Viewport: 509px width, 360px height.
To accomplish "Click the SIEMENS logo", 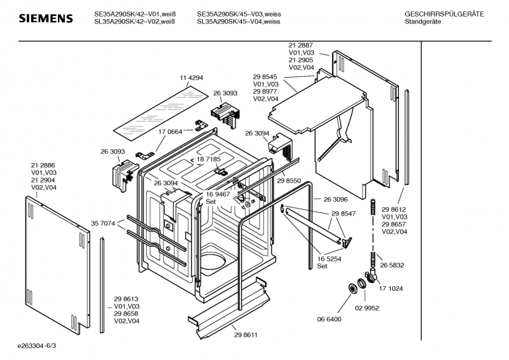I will [x=45, y=18].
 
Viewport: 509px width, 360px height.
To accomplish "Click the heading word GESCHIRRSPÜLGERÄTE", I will [x=444, y=13].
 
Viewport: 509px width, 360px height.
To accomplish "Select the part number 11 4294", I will [x=192, y=78].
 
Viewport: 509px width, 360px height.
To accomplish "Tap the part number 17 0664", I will [x=170, y=132].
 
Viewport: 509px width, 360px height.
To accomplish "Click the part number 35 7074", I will [x=103, y=223].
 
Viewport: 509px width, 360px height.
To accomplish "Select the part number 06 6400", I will [x=330, y=319].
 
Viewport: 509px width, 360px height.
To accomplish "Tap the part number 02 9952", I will [x=366, y=308].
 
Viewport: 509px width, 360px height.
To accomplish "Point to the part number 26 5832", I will [x=392, y=265].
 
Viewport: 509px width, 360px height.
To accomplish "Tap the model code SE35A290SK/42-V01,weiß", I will [x=135, y=13].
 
